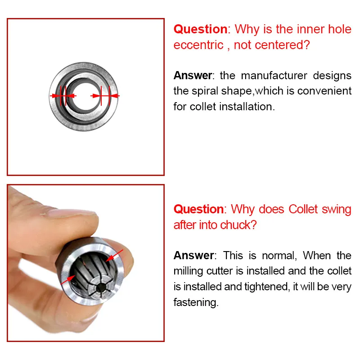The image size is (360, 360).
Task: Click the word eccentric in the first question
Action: (198, 45)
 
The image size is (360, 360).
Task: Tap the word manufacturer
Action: (274, 76)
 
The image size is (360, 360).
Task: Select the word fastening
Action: (196, 302)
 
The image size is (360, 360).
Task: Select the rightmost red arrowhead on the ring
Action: (116, 96)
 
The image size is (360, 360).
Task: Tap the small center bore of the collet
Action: (100, 287)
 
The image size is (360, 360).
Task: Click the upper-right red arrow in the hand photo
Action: (114, 255)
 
